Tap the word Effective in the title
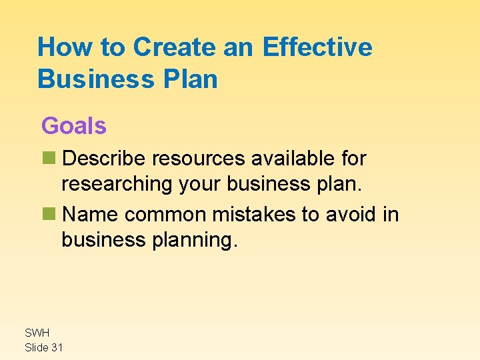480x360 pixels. tap(317, 47)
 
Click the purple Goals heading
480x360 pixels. tap(74, 125)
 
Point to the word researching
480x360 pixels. tap(117, 183)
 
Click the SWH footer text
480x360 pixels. tap(37, 333)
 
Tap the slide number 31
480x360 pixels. tap(58, 347)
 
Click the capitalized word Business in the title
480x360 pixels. tap(93, 79)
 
